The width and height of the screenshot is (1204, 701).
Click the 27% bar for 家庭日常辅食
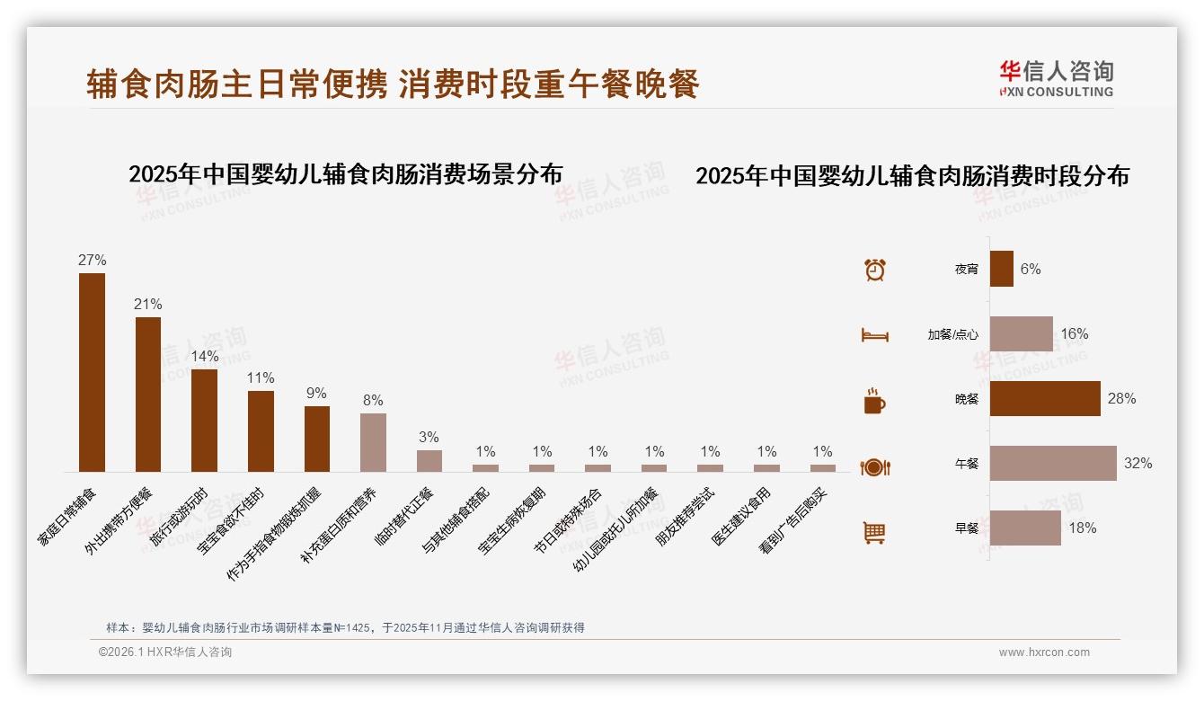tap(92, 372)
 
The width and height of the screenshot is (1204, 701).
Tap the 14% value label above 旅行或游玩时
tap(204, 357)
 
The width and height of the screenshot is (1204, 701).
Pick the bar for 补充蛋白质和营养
tap(373, 442)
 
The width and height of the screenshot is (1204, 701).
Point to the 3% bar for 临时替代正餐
tap(429, 461)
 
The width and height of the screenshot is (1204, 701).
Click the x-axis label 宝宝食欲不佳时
tap(233, 521)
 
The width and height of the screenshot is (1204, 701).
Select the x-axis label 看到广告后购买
tap(796, 521)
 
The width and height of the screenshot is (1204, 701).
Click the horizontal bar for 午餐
tap(1053, 464)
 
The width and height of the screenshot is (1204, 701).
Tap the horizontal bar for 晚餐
tap(1045, 399)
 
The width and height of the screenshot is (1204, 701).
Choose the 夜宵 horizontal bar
tap(1002, 269)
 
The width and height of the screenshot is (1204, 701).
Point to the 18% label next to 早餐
tap(1082, 528)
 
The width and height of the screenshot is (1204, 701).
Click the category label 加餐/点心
tap(953, 334)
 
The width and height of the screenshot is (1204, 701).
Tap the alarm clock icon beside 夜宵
tap(875, 270)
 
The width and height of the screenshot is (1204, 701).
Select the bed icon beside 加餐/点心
tap(875, 335)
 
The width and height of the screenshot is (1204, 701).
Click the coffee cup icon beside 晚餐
tap(874, 401)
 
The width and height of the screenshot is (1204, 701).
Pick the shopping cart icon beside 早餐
tap(874, 532)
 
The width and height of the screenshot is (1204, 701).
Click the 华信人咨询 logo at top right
tap(1057, 79)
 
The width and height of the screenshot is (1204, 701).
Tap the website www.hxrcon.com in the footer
tap(1044, 652)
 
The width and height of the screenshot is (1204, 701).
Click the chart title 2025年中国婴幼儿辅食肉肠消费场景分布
tap(346, 174)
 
